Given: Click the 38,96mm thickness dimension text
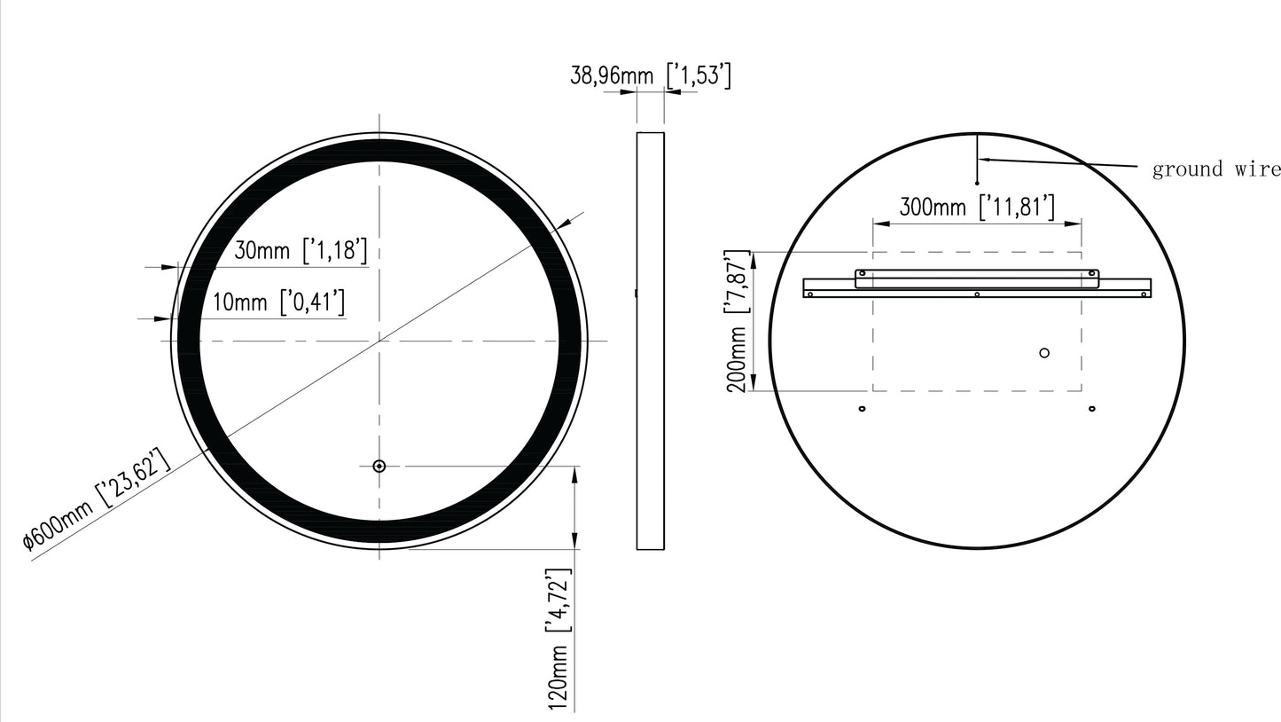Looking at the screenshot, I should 650,76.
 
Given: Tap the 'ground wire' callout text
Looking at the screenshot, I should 1215,169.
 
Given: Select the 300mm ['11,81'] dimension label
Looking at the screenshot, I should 977,208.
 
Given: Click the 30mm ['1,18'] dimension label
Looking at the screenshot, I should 300,251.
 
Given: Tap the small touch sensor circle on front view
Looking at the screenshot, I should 379,466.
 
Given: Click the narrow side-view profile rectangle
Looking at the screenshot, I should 650,341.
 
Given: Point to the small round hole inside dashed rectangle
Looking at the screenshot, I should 1044,353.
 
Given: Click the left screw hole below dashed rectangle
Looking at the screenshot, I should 862,409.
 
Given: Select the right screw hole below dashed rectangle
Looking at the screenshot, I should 1091,409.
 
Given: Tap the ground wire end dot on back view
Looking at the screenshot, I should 977,184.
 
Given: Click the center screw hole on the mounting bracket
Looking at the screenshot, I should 976,294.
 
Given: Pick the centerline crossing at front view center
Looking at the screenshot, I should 379,341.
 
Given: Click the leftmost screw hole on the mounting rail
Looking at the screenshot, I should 810,294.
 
